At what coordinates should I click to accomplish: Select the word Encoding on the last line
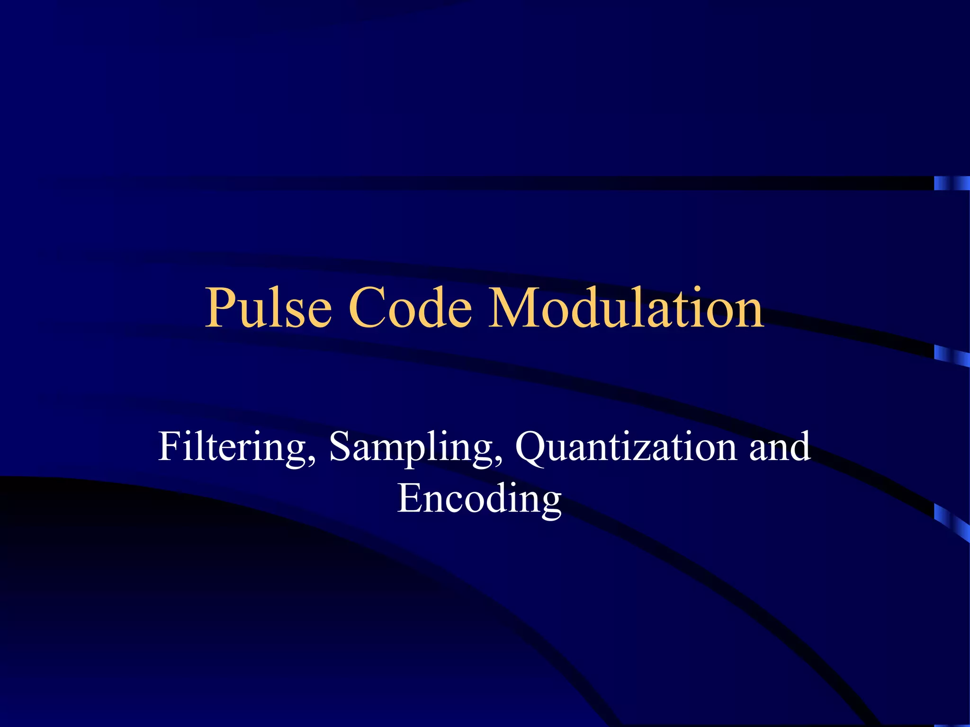(479, 499)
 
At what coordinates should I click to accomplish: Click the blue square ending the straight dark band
(952, 183)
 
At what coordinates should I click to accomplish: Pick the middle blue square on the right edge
(952, 356)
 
